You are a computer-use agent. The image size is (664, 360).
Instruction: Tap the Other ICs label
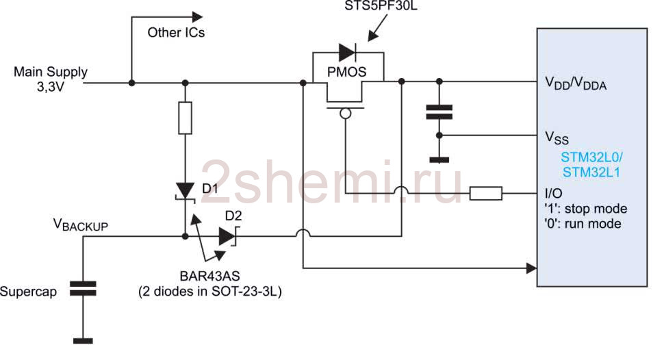[176, 32]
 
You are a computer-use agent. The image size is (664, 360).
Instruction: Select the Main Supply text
[51, 72]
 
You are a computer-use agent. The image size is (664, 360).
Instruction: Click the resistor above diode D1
[185, 118]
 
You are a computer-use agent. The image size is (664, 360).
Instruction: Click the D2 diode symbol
[227, 236]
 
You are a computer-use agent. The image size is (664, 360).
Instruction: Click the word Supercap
[28, 292]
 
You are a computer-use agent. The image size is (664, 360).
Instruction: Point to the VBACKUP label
[80, 224]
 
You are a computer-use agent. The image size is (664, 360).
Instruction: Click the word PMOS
[346, 71]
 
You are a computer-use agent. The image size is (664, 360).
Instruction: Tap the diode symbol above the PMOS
[347, 52]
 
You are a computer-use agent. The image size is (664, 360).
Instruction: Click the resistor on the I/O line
[485, 194]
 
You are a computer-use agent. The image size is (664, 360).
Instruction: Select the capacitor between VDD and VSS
[439, 112]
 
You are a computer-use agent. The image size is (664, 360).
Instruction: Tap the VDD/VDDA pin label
[575, 84]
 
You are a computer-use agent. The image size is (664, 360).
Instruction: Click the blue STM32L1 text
[591, 173]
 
